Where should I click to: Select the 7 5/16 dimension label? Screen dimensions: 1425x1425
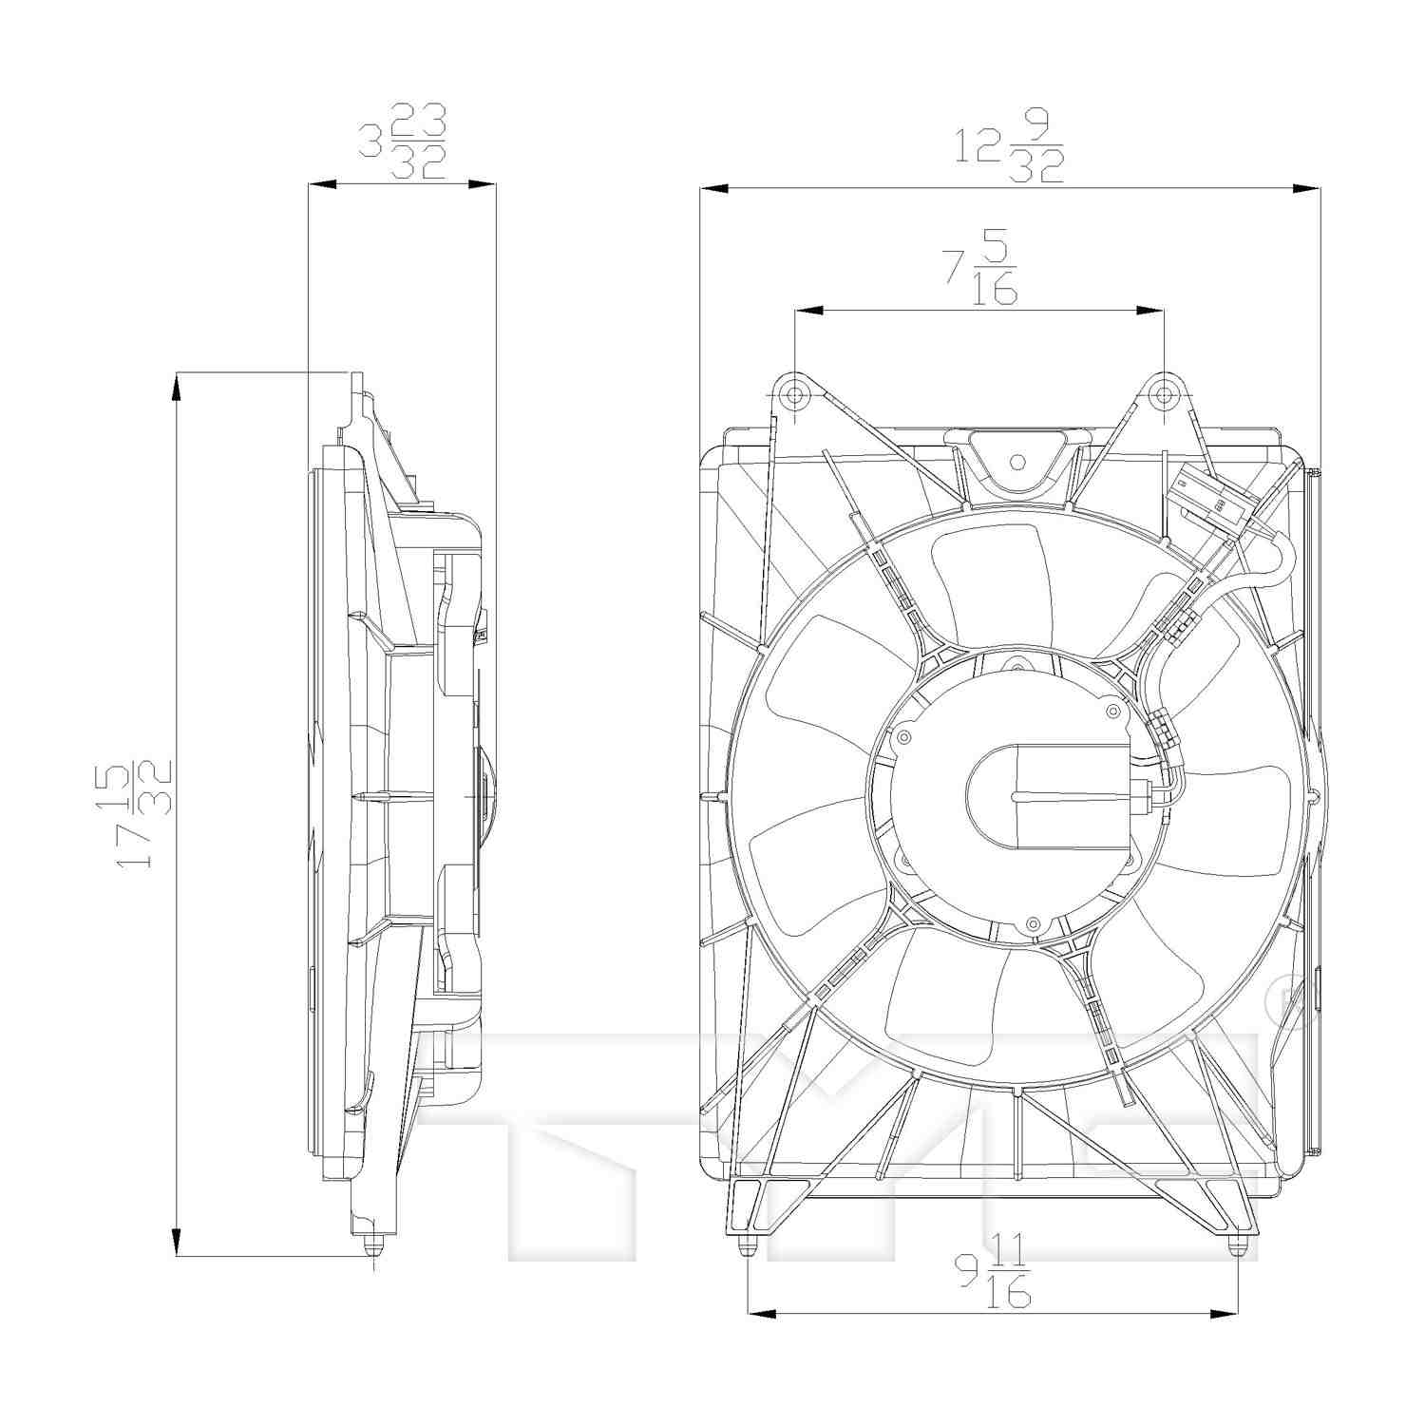[x=979, y=272]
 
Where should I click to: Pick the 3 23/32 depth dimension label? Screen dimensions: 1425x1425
[x=402, y=142]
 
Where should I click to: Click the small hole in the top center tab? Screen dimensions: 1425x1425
[x=1017, y=463]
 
